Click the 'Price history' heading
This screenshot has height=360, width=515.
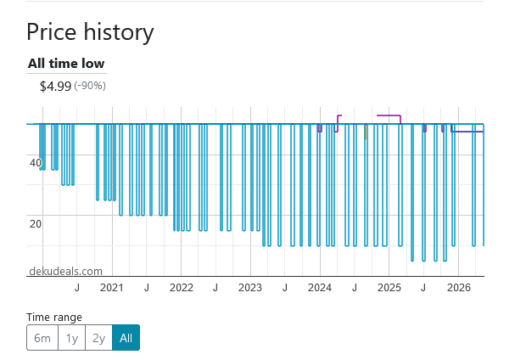90,32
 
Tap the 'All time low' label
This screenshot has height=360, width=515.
66,64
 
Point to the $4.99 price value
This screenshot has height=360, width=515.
55,87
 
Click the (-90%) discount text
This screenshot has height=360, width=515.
90,86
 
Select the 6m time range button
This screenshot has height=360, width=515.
42,338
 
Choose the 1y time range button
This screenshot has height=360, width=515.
71,338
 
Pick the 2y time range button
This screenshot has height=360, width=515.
99,338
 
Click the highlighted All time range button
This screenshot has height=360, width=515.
126,338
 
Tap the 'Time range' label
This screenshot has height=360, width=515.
54,318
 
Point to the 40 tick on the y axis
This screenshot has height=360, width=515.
36,163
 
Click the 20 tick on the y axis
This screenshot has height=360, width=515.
36,224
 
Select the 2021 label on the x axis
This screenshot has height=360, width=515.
112,288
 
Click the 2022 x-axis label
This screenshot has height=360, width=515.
182,288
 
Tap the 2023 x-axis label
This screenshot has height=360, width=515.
250,288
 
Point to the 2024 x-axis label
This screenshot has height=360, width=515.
320,288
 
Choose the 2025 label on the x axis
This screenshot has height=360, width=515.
389,288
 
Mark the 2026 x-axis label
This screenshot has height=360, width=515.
459,288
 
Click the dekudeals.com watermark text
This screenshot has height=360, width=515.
65,271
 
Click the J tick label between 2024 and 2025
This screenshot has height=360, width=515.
355,288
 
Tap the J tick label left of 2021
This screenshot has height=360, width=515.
77,288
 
